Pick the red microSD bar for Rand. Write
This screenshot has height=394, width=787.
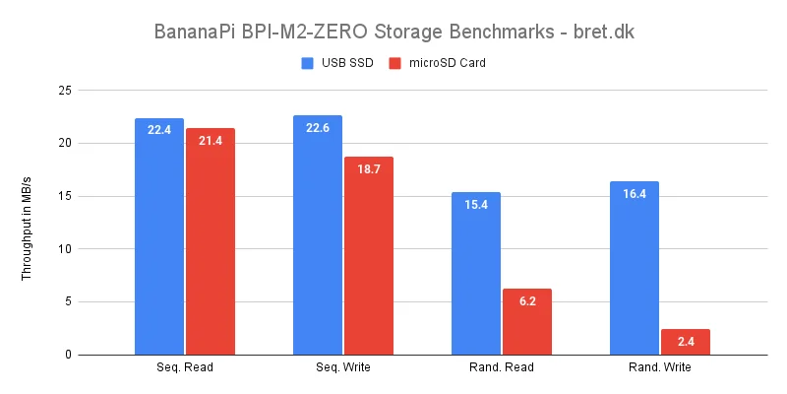coord(686,342)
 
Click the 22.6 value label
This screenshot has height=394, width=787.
coord(318,128)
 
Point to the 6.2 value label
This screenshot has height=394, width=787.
coord(526,301)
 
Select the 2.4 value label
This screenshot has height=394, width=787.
coord(686,342)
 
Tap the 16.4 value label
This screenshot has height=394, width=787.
coord(635,194)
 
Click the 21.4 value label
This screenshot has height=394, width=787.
coord(211,141)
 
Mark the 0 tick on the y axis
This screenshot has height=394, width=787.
coord(67,355)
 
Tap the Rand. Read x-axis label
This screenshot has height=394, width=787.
coord(501,367)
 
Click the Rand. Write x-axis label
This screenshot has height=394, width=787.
coord(659,367)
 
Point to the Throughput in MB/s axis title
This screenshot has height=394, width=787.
coord(27,222)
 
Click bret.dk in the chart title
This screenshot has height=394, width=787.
coord(601,31)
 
